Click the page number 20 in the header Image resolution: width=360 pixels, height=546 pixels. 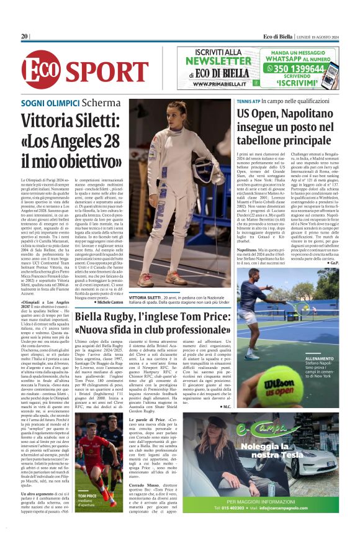tap(25, 37)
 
